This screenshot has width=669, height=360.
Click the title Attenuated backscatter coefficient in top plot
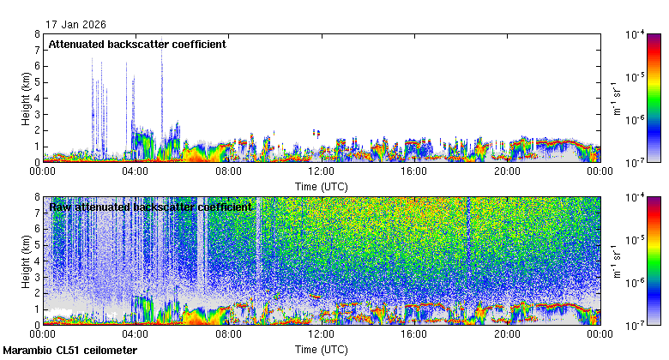click(137, 45)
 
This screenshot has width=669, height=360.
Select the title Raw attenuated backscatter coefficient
click(150, 207)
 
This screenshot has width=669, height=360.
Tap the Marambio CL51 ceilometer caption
click(69, 351)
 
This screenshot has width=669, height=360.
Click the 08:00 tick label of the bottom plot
click(228, 335)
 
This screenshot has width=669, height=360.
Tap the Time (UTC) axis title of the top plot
click(321, 186)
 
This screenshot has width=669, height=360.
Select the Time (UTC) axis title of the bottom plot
click(321, 350)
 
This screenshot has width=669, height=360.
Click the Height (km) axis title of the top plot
click(27, 98)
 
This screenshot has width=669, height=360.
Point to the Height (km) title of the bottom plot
click(27, 261)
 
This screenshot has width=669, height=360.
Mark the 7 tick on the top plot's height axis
click(36, 51)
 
